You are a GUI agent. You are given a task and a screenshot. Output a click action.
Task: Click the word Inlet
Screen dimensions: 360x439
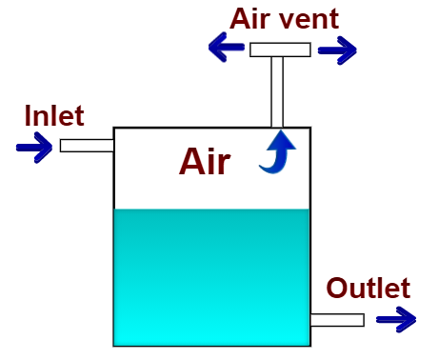[54, 115]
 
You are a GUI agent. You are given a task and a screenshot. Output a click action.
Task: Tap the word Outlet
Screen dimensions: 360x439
[368, 288]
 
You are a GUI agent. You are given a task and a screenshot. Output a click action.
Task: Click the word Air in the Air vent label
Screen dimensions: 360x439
[250, 18]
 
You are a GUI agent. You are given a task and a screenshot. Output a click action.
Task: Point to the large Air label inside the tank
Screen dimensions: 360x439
[204, 163]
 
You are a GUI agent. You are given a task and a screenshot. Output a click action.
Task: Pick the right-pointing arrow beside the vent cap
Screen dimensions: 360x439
[337, 50]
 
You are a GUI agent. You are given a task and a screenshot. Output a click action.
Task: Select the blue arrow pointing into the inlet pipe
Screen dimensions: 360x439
[33, 147]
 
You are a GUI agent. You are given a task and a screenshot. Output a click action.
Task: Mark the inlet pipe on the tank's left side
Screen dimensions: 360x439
[87, 145]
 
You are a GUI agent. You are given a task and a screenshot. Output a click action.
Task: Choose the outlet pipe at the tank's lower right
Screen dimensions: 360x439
[337, 319]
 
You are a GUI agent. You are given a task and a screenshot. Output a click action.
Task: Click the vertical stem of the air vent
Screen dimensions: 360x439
[277, 91]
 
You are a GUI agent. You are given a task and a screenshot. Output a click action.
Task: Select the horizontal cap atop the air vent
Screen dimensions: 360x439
[280, 50]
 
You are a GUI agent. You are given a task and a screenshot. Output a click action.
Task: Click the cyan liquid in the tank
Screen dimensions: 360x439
[211, 281]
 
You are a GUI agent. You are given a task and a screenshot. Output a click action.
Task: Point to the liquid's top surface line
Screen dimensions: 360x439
[211, 210]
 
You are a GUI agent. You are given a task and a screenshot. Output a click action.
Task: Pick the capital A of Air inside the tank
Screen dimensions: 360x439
[191, 163]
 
